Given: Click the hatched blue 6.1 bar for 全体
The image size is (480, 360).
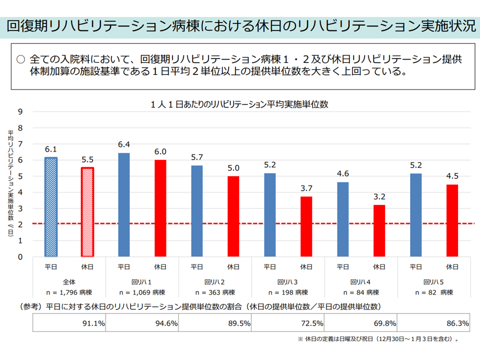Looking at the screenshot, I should click(51, 207).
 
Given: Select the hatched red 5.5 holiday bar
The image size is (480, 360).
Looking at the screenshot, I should click(87, 212).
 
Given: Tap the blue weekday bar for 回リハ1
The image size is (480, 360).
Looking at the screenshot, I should click(124, 205).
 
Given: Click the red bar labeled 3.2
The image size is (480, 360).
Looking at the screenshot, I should click(379, 230).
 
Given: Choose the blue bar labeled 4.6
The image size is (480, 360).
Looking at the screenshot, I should click(343, 219).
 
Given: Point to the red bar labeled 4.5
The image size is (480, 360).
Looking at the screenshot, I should click(452, 220).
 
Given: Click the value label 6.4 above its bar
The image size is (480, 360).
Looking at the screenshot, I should click(124, 144).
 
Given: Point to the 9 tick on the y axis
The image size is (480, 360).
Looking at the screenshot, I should click(20, 111).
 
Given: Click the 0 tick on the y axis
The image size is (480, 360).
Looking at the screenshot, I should click(20, 257).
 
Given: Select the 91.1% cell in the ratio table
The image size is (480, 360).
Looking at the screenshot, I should click(70, 323).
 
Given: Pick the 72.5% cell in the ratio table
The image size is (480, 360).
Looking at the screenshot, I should click(288, 323).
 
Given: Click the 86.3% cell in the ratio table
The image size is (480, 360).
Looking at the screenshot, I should click(434, 323).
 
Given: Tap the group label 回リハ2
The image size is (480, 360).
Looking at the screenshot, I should click(214, 281).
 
